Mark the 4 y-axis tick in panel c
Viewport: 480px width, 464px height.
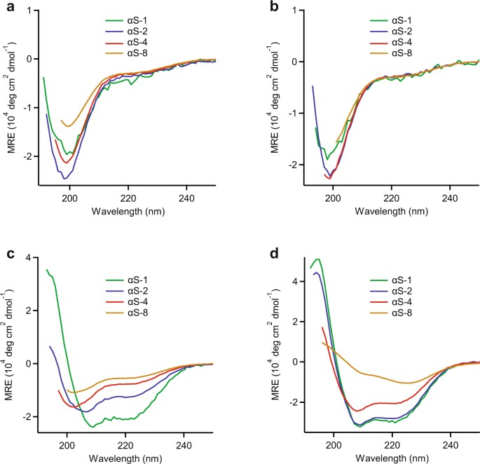(28, 258)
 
